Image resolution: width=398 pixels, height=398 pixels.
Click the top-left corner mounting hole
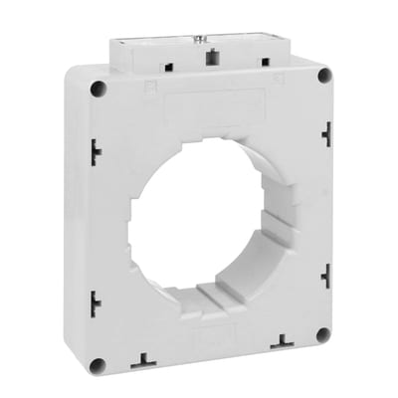pos(98,89)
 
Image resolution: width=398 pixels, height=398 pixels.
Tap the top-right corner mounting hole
pos(323,76)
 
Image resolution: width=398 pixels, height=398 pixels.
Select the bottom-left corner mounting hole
pos(97,365)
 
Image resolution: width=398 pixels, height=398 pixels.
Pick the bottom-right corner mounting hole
pos(322,334)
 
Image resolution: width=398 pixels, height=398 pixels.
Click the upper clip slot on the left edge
pos(95,151)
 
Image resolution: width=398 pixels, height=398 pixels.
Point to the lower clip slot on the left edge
pos(95,302)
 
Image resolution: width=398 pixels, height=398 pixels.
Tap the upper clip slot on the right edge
pos(326,132)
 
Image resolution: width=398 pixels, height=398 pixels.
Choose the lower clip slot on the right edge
pos(326,276)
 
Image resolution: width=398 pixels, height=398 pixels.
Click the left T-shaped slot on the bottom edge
pos(145,359)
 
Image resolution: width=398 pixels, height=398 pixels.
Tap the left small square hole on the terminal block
pos(166,67)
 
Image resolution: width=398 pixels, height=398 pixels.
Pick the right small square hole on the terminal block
pos(266,62)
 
